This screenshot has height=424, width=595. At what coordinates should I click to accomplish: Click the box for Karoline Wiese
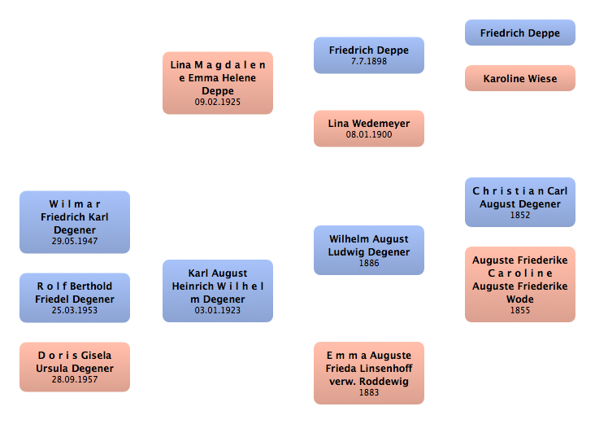click(519, 78)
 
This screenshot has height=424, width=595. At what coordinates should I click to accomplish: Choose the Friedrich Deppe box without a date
click(519, 33)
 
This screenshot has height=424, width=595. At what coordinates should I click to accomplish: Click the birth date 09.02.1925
click(217, 103)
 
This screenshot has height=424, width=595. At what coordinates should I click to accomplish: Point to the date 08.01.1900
click(369, 135)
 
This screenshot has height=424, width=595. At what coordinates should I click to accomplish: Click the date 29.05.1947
click(74, 242)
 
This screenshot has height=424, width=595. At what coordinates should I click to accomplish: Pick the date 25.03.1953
click(74, 311)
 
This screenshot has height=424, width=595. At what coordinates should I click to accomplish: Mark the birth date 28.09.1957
click(74, 380)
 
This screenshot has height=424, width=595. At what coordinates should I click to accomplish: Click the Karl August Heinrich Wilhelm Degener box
click(217, 286)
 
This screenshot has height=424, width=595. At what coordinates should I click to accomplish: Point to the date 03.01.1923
click(217, 311)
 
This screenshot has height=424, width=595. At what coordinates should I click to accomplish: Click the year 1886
click(369, 264)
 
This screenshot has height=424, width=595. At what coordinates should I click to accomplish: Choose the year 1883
click(369, 393)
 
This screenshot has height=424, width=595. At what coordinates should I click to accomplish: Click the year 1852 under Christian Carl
click(520, 216)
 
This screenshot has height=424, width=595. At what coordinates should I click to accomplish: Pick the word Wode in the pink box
click(520, 299)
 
